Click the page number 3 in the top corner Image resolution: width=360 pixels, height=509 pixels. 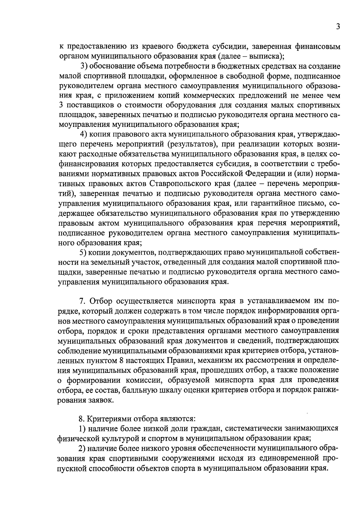tap(338, 27)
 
